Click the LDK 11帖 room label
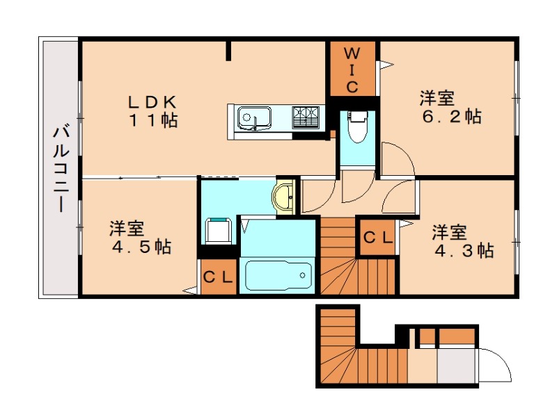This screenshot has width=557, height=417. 152,110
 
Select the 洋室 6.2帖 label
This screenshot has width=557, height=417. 449,106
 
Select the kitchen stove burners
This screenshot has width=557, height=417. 306,116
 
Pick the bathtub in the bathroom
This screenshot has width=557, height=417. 278,275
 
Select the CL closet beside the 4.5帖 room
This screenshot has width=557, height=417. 218,277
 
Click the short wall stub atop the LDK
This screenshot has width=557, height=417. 228,50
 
